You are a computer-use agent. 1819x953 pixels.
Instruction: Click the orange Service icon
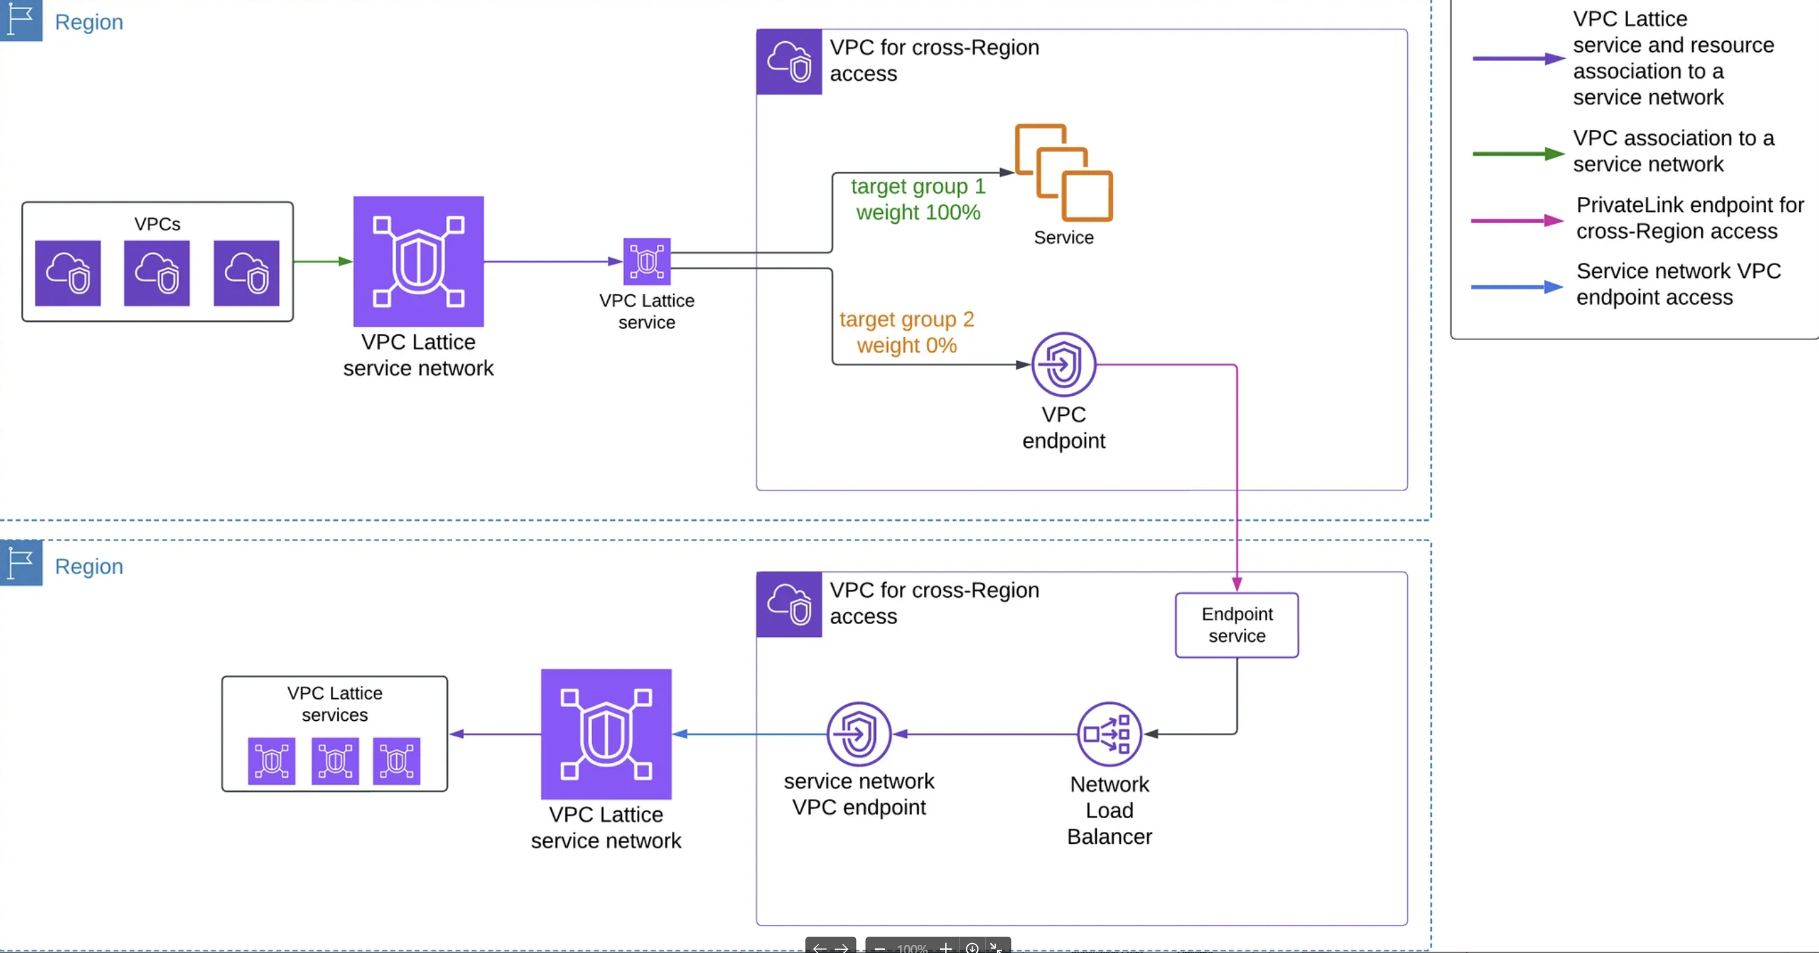click(1063, 173)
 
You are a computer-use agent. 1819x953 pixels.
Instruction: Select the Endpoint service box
click(1237, 625)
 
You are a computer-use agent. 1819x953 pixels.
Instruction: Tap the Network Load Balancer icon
click(1109, 734)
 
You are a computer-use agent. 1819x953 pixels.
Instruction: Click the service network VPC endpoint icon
click(859, 734)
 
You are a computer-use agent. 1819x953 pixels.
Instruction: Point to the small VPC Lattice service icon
click(647, 262)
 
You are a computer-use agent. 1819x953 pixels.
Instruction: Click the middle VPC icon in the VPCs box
click(157, 273)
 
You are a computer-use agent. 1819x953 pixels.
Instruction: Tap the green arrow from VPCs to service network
click(324, 262)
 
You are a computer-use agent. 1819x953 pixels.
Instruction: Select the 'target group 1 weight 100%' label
click(918, 199)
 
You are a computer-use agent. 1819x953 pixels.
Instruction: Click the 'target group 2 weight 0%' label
click(907, 332)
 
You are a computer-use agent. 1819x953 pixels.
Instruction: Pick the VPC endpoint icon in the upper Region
click(1063, 364)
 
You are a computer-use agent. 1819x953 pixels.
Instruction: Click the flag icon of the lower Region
click(21, 563)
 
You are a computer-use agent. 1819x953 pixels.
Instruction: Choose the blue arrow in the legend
click(1518, 287)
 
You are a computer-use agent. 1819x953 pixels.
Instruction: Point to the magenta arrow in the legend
click(1518, 220)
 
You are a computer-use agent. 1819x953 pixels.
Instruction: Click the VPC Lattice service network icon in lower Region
click(606, 734)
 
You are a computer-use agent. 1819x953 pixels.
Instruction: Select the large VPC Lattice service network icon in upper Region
click(419, 262)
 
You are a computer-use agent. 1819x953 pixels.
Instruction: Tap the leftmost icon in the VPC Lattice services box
click(272, 761)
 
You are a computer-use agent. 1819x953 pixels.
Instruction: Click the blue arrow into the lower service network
click(749, 734)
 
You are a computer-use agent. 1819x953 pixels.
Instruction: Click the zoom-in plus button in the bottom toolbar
click(946, 947)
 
